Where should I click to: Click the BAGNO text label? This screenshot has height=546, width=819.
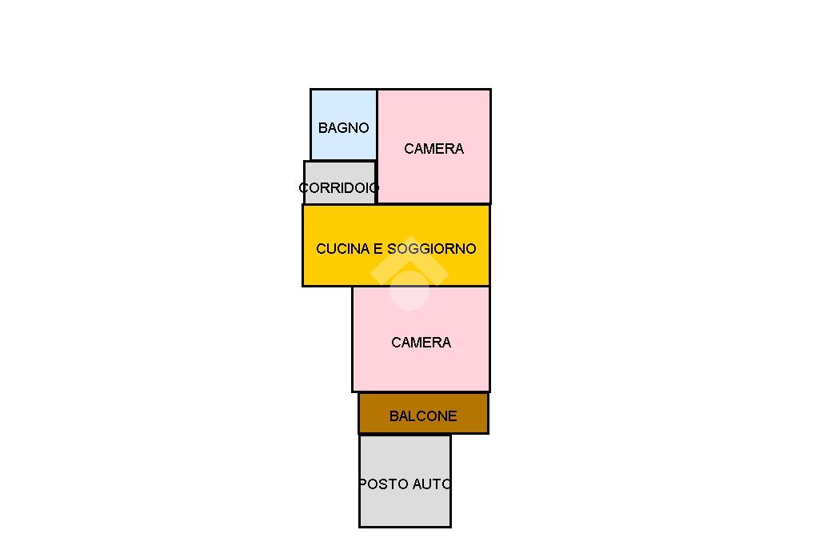tap(343, 128)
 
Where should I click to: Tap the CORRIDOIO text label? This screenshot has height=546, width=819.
tap(339, 188)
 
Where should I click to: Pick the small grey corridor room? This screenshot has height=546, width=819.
tap(339, 173)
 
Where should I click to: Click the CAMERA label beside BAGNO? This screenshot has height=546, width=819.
tap(433, 149)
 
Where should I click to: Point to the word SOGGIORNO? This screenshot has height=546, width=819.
tap(432, 249)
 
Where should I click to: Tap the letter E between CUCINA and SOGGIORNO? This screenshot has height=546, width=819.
tap(378, 249)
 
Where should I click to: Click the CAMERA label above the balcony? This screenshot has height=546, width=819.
tap(421, 343)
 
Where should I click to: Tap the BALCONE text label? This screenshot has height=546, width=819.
tap(423, 416)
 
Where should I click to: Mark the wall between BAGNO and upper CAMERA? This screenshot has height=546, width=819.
tap(377, 124)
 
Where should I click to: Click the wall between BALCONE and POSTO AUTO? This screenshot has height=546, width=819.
tap(405, 434)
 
